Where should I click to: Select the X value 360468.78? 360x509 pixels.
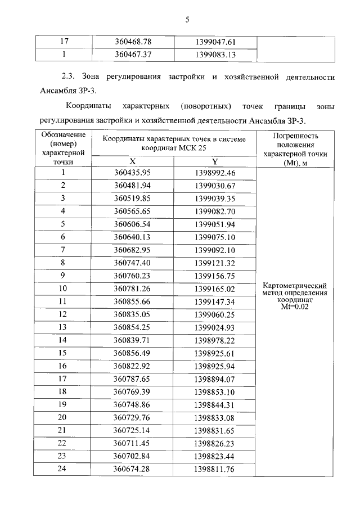click(x=133, y=42)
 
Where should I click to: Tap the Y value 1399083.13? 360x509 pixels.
click(x=215, y=55)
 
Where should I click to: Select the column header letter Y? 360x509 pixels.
click(x=215, y=161)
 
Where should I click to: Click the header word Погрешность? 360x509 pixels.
click(x=295, y=136)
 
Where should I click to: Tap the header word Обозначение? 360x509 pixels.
click(x=64, y=134)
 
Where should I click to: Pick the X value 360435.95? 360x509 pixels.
click(x=133, y=173)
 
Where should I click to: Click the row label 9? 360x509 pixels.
click(x=64, y=276)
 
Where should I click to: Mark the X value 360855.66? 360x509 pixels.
click(x=133, y=301)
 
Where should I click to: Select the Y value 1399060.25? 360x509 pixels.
click(x=215, y=314)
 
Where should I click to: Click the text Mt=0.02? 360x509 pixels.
click(x=295, y=307)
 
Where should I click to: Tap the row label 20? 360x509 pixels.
click(x=64, y=417)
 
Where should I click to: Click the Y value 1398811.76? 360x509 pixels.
click(x=215, y=469)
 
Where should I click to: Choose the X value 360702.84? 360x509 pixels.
click(x=133, y=456)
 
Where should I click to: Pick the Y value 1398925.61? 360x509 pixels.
click(x=215, y=353)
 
